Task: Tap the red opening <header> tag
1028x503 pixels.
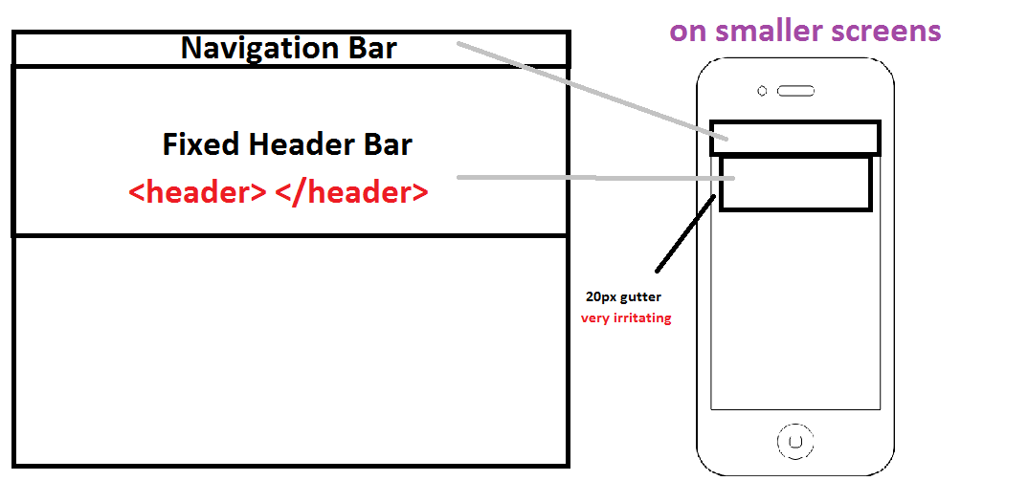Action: [197, 192]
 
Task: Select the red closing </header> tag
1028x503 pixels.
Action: [352, 192]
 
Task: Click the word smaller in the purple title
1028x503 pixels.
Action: [771, 31]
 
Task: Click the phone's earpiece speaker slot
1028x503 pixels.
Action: [796, 91]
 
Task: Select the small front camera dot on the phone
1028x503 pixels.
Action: [762, 91]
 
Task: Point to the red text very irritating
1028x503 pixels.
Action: [626, 319]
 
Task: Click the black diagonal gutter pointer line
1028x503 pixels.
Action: [685, 232]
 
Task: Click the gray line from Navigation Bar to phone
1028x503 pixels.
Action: [592, 91]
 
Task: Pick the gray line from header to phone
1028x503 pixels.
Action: [596, 178]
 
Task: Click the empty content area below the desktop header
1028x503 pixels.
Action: [290, 350]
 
